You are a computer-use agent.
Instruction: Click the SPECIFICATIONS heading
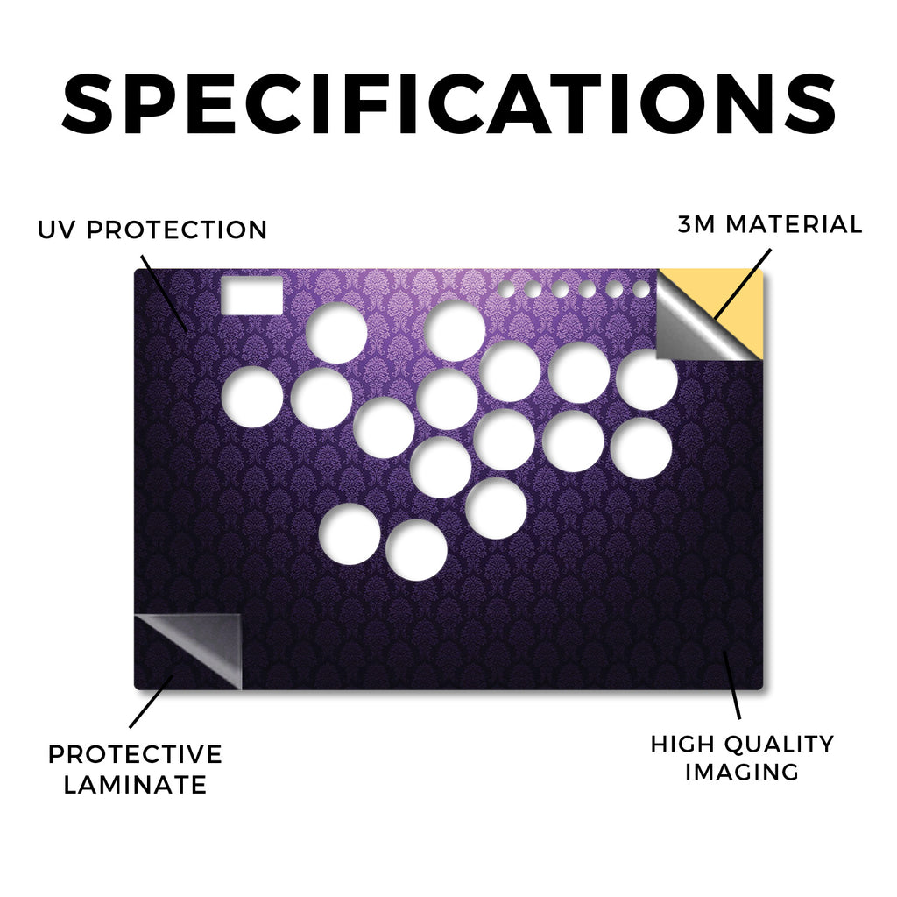(448, 103)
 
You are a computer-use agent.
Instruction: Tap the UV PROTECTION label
(152, 230)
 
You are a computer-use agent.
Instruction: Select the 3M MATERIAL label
(769, 224)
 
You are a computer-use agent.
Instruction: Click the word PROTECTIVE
(135, 754)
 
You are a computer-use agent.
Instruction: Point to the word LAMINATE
(135, 784)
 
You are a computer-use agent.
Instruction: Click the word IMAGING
(742, 773)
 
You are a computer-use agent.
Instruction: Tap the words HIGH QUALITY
(742, 745)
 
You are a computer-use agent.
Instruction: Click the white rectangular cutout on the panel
(251, 295)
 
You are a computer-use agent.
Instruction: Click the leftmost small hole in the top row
(505, 289)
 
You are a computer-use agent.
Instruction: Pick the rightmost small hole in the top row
(641, 289)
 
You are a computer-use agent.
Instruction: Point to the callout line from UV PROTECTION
(164, 293)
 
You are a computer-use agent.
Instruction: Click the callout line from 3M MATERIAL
(743, 284)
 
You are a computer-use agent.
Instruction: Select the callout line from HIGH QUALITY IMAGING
(731, 685)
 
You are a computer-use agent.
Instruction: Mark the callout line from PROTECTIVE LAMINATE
(151, 702)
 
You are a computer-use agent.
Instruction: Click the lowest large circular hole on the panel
(416, 550)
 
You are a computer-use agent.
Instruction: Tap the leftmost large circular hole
(252, 397)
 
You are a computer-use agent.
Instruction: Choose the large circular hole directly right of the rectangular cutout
(336, 333)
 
